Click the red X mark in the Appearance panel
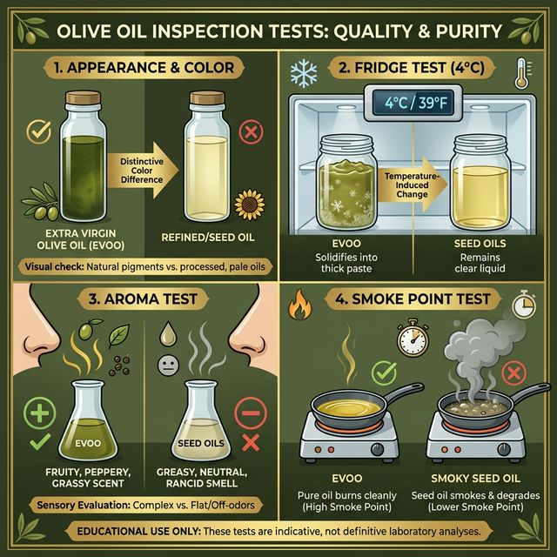coord(251,132)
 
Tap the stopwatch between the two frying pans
coord(412,339)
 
